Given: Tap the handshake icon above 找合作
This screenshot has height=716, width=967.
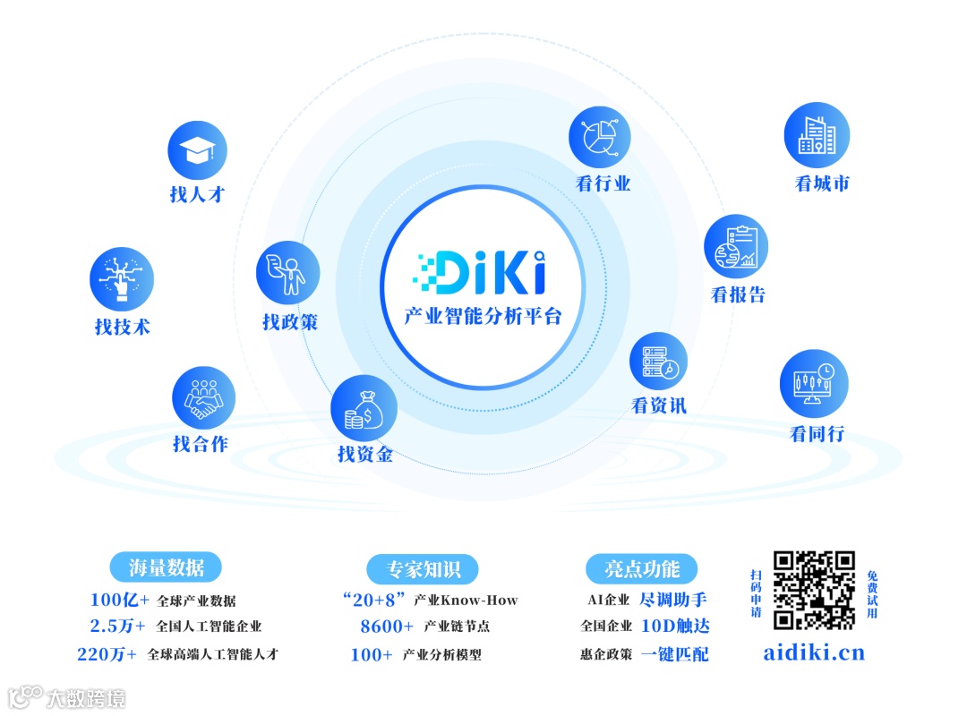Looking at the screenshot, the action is coord(203,398).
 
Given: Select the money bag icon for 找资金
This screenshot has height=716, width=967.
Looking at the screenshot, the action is coord(364,407).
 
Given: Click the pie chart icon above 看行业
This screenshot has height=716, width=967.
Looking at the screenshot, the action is coord(600,138).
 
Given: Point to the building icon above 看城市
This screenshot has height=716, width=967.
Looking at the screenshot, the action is coord(817,136).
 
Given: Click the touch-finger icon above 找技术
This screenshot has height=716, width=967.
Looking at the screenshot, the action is coord(122,279).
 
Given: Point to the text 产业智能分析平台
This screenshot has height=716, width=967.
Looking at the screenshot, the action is coord(483,316).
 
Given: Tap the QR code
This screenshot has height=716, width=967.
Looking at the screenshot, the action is coord(814,590).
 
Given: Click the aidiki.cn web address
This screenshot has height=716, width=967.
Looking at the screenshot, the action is coord(814,652).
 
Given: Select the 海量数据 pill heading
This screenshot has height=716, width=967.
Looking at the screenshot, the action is coord(167,567).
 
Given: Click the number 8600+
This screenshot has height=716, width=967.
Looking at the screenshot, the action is coord(387,626).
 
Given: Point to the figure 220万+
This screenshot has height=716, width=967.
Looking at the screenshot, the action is coord(107,654).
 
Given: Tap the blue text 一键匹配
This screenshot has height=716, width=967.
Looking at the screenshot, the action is coord(674,654).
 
